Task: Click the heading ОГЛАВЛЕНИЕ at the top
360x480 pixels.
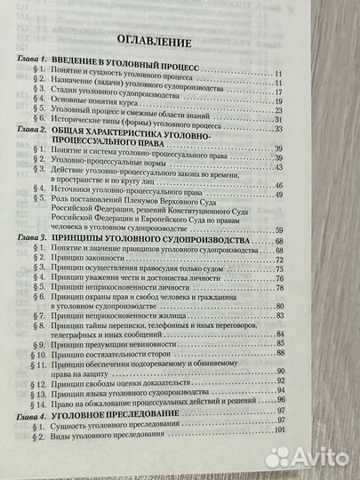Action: (x=178, y=41)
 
